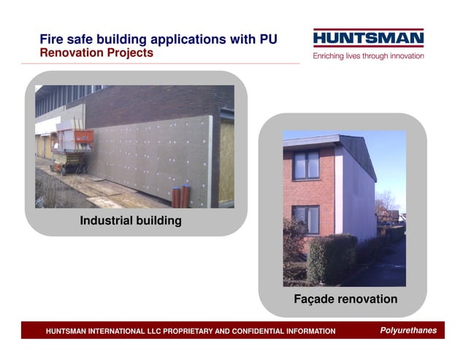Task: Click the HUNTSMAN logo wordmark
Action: point(368,39)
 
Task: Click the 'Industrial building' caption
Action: point(131,221)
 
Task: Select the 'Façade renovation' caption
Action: point(345,299)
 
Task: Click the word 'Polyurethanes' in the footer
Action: point(408,331)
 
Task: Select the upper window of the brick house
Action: point(305,165)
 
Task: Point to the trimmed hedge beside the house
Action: point(332,258)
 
